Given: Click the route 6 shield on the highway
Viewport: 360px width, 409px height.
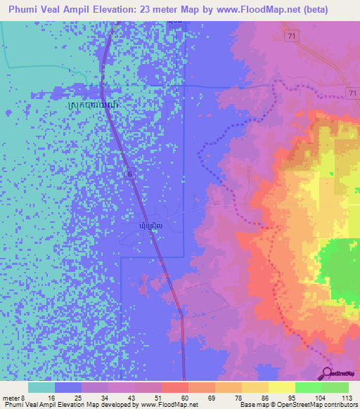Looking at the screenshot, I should point(129,171).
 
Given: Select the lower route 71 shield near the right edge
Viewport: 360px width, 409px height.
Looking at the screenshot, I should point(353,93).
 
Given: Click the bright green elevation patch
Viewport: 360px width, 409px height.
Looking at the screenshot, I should point(340,266).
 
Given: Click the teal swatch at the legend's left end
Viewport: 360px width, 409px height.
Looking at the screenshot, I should point(41,387).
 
